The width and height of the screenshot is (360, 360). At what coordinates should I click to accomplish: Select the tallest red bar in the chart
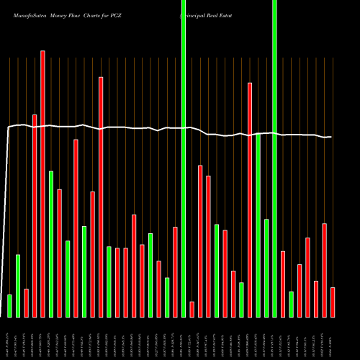click(42, 184)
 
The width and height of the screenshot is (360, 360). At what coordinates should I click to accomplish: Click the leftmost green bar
click(9, 305)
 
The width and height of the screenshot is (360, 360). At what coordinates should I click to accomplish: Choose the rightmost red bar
click(333, 302)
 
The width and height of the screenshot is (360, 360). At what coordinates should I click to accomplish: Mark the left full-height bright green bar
click(184, 158)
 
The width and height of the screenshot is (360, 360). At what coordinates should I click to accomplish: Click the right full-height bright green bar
click(274, 158)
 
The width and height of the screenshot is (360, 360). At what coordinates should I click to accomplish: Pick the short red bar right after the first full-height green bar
click(192, 309)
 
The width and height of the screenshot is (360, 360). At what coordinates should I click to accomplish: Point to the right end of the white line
click(331, 137)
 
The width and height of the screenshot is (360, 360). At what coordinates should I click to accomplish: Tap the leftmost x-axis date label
click(9, 337)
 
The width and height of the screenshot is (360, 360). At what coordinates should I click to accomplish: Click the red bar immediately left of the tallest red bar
click(35, 215)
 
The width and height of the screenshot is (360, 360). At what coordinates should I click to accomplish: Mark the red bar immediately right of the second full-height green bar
click(283, 284)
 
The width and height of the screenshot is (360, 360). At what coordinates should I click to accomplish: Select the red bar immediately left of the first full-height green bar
click(175, 271)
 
